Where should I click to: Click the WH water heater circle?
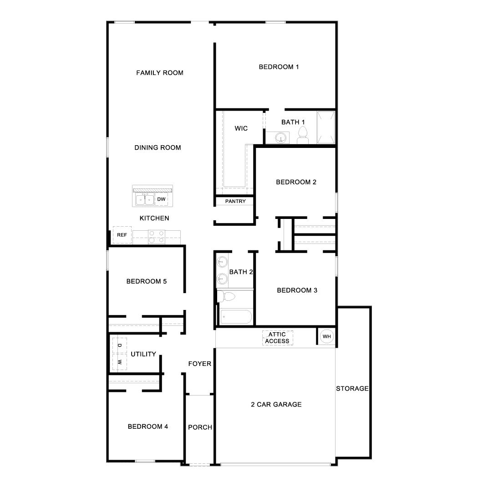[x=326, y=337]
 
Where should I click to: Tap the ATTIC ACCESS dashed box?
[x=277, y=338]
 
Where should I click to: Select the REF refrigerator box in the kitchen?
[x=122, y=235]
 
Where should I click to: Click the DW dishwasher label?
[x=161, y=199]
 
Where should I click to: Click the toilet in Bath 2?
[x=226, y=297]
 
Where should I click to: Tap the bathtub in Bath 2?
[x=235, y=317]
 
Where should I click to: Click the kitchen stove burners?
[x=156, y=236]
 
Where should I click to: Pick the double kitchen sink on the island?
[x=145, y=199]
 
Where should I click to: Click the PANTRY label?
[x=235, y=201]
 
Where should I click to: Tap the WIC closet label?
[x=241, y=128]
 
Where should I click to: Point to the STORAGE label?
[x=352, y=389]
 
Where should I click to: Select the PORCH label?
[x=200, y=427]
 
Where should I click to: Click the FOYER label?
[x=200, y=364]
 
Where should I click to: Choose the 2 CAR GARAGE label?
[x=276, y=404]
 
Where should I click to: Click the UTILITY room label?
[x=143, y=354]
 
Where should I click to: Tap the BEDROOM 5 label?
[x=147, y=281]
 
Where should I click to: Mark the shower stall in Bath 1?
[x=325, y=127]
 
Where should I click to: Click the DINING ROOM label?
[x=158, y=147]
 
